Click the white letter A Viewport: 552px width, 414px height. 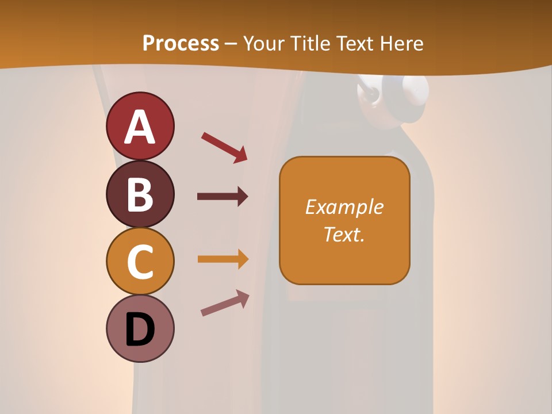140,127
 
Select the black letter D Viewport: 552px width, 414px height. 140,329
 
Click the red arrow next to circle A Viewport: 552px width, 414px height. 224,147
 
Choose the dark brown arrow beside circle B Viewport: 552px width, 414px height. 223,197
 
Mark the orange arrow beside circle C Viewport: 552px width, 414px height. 223,259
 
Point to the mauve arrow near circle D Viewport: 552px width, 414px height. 225,303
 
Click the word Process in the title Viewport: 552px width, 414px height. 181,44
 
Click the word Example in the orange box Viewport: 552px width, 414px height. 344,207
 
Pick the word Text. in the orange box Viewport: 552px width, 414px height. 344,234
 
